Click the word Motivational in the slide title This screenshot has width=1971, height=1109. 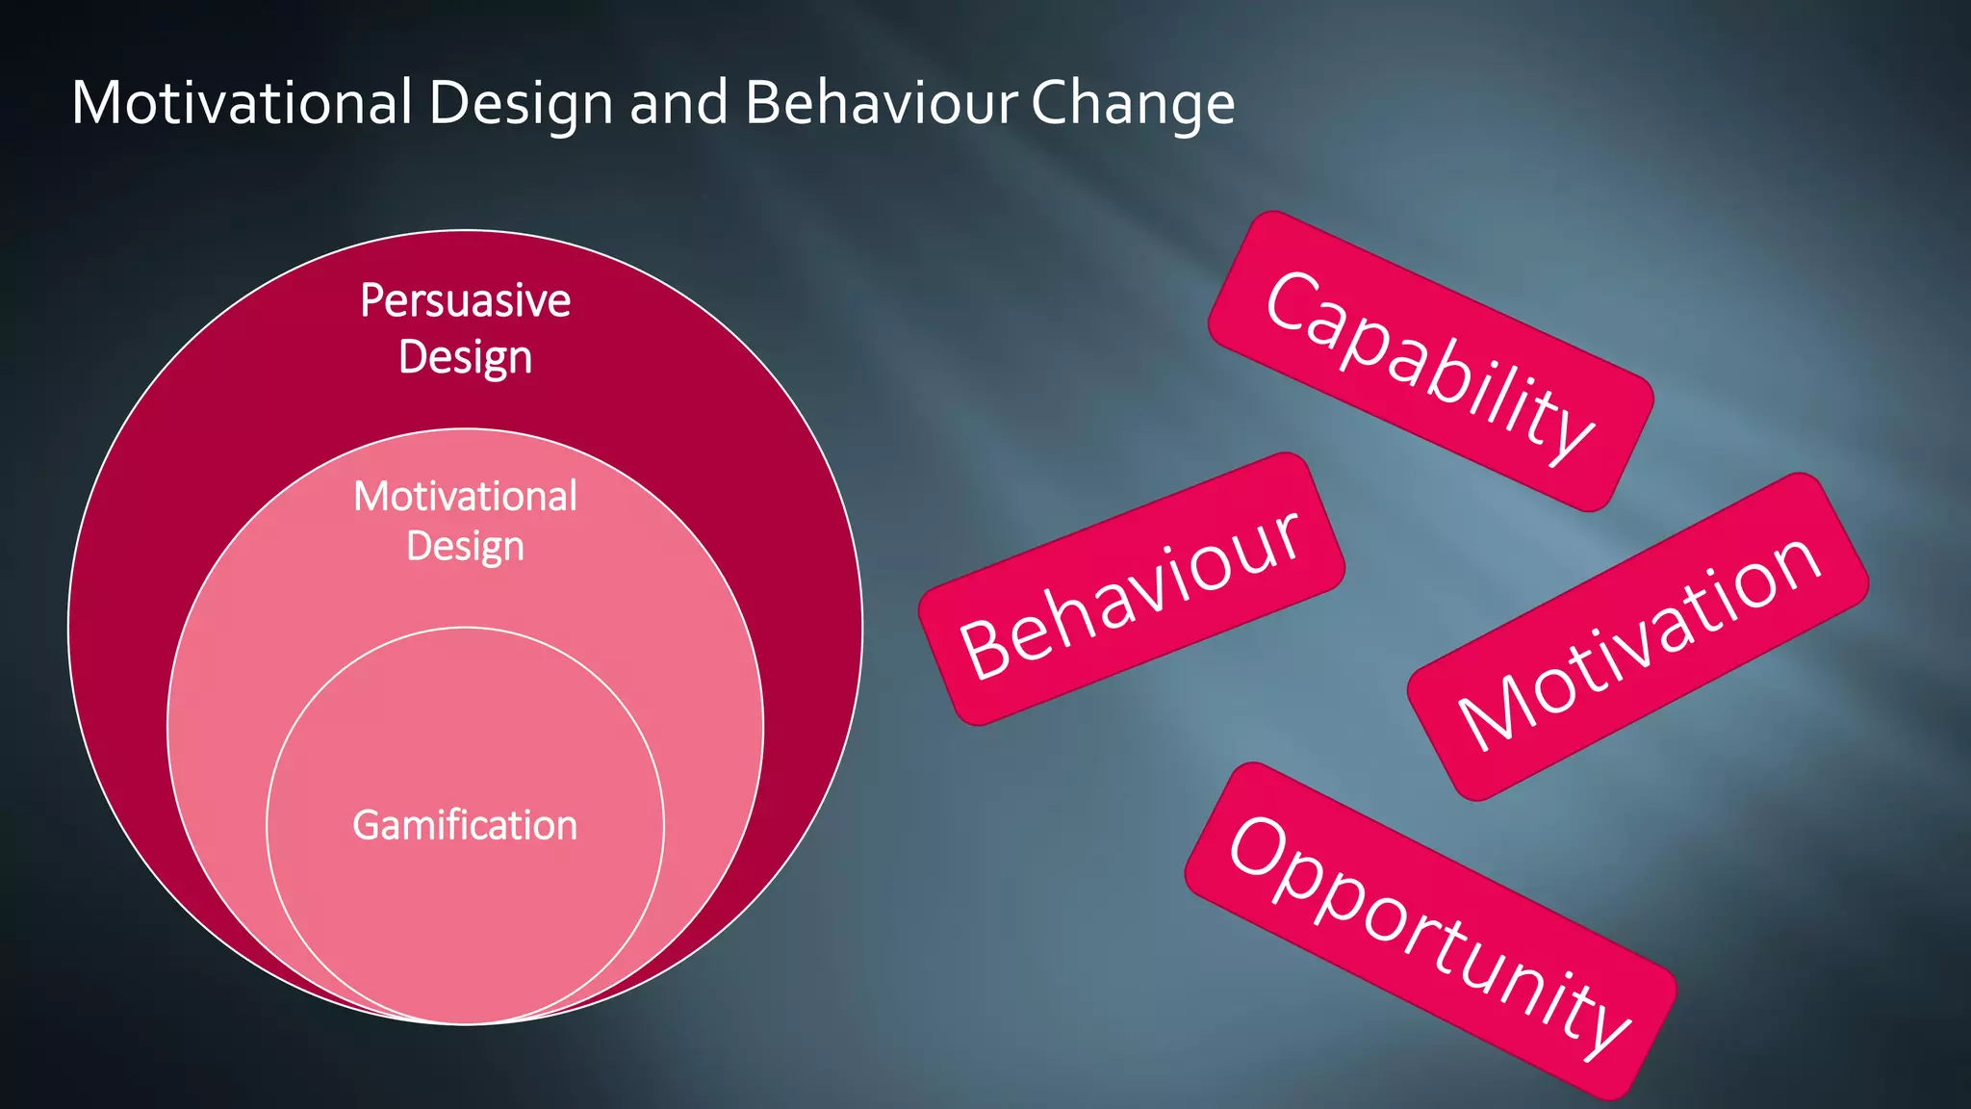click(x=242, y=102)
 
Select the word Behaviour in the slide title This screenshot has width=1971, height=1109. click(x=881, y=102)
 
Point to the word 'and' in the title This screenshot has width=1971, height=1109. click(x=678, y=102)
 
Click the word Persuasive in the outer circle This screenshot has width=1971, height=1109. click(x=465, y=300)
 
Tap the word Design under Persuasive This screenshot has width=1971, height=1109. click(x=465, y=357)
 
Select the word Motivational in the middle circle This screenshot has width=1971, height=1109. click(x=465, y=497)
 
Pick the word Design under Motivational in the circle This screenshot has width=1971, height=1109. click(x=465, y=547)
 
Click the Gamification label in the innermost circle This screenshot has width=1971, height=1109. click(x=465, y=826)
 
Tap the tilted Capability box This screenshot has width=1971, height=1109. click(x=1431, y=361)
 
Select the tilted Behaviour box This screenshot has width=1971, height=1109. click(x=1131, y=588)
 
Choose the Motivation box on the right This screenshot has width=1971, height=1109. click(x=1637, y=636)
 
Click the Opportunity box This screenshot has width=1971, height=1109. click(x=1430, y=931)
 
